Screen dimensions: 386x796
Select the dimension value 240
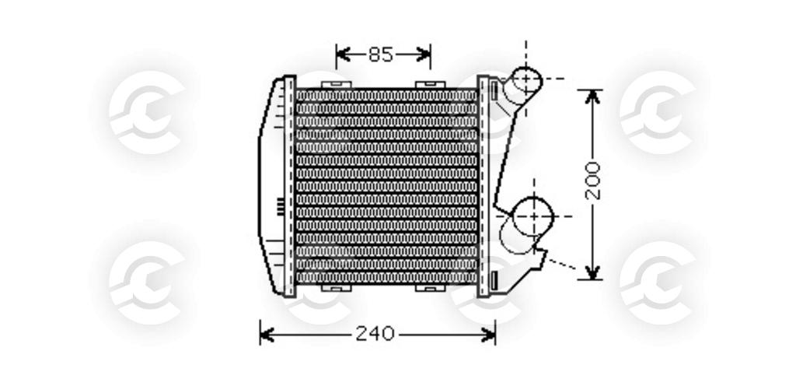375,335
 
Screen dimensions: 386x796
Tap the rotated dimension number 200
593,181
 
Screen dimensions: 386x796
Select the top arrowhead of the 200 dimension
593,96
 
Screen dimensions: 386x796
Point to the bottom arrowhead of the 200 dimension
593,272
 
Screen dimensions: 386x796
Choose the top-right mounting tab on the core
427,83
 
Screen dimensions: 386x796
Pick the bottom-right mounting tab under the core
427,288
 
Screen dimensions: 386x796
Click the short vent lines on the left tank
280,206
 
